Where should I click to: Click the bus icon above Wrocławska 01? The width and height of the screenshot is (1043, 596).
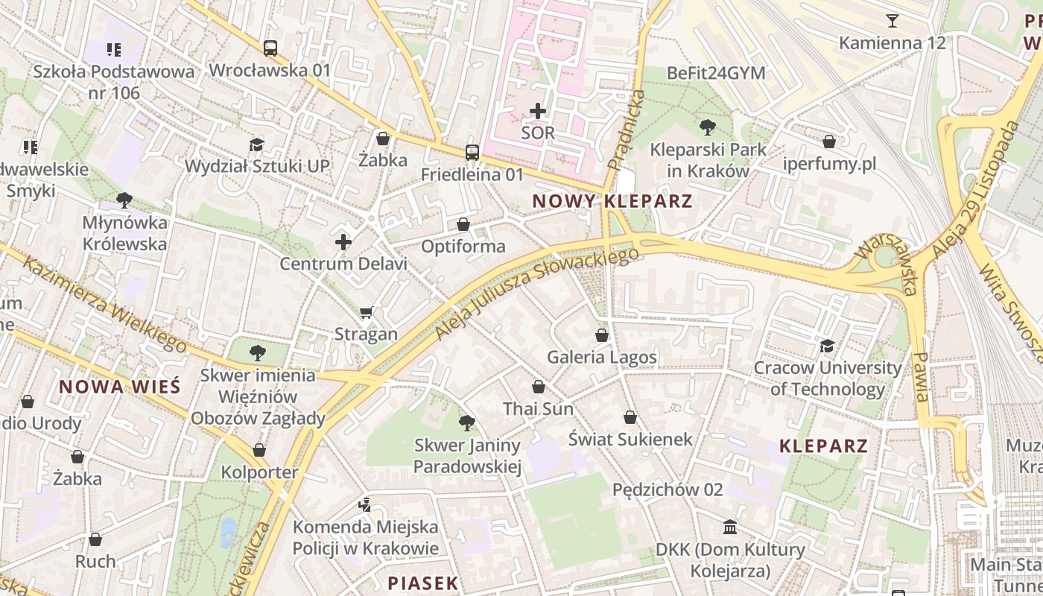(x=270, y=48)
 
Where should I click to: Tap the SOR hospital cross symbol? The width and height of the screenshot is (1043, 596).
(x=537, y=112)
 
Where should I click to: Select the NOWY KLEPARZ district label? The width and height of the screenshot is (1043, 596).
(x=612, y=201)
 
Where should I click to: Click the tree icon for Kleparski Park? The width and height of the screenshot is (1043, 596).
(x=707, y=127)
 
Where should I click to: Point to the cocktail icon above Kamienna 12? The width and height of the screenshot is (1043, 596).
(x=892, y=21)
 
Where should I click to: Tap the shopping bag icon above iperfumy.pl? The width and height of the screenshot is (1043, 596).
(x=829, y=142)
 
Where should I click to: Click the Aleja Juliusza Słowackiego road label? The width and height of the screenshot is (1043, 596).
(x=536, y=294)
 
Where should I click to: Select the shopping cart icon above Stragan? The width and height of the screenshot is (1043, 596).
(x=366, y=312)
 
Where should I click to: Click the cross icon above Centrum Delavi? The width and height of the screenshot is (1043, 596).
(x=343, y=242)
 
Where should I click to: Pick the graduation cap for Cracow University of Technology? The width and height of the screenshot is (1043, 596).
(x=827, y=346)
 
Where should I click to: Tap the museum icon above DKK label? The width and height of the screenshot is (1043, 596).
(x=730, y=527)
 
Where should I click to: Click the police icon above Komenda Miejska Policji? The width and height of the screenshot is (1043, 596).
(x=364, y=505)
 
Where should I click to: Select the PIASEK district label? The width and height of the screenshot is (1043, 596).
(x=422, y=583)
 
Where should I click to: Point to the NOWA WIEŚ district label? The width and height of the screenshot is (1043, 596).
(x=119, y=387)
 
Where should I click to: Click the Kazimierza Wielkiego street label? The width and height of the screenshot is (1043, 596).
(x=104, y=303)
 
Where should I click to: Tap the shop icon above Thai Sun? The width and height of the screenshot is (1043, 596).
(x=538, y=387)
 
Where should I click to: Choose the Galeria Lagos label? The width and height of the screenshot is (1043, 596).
(x=602, y=358)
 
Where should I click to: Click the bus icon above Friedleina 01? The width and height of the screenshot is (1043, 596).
(x=472, y=153)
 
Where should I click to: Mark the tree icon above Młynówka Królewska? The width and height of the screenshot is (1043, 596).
(x=124, y=200)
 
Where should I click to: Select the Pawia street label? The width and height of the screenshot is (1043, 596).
(x=922, y=376)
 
